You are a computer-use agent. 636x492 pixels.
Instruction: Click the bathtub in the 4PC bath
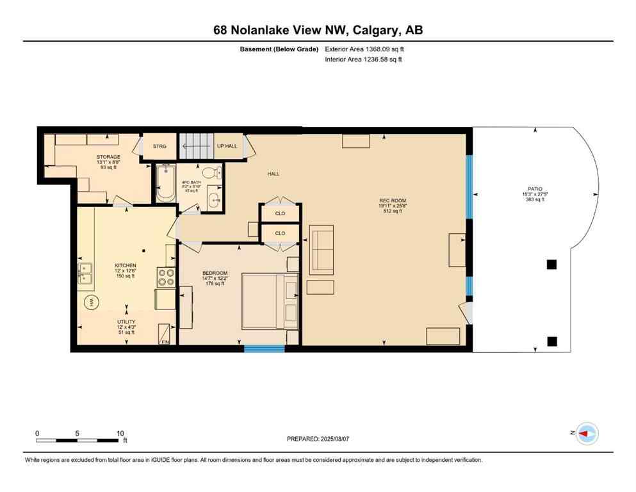point(166,184)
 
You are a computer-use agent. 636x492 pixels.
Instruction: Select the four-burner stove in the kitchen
point(166,277)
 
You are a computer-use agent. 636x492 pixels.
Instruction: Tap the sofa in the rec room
point(321,250)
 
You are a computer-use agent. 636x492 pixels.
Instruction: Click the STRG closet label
point(159,147)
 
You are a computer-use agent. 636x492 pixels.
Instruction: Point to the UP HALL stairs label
point(227,146)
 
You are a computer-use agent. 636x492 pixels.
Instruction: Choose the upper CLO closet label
point(280,213)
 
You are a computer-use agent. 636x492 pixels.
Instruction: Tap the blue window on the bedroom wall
point(265,348)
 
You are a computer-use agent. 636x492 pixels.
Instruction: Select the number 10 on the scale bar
point(120,433)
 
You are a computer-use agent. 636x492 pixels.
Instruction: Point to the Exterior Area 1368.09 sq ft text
point(364,49)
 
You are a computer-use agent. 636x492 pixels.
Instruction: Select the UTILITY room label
point(126,322)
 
